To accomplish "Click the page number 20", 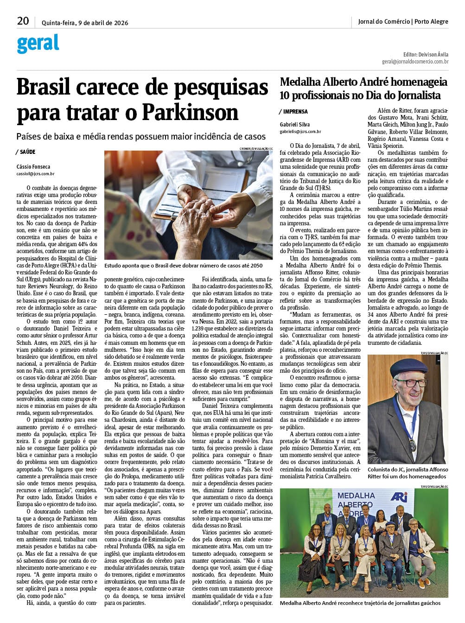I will tap(23, 21).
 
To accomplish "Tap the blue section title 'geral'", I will tap(38, 44).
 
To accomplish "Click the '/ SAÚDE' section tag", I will tap(26, 152).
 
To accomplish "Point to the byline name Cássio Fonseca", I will tap(33, 166).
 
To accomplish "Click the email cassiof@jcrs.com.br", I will tap(36, 174).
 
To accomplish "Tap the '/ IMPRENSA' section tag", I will tap(293, 112).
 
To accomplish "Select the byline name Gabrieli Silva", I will tap(295, 124).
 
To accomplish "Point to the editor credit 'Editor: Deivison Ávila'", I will tap(426, 54).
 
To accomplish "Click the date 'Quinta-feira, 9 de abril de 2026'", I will tap(85, 23).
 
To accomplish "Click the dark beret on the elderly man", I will tap(408, 367).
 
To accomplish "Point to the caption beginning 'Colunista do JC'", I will tap(408, 473).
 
